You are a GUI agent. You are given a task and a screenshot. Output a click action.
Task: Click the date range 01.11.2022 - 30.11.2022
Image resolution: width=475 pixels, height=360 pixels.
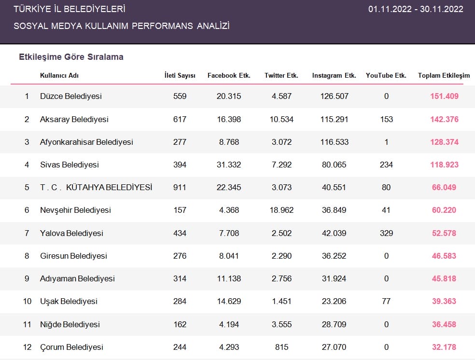pyautogui.click(x=416, y=9)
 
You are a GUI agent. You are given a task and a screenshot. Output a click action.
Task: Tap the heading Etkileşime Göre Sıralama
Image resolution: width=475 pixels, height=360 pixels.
pyautogui.click(x=71, y=57)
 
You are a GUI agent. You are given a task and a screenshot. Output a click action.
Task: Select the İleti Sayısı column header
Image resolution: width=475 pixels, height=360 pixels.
pyautogui.click(x=180, y=75)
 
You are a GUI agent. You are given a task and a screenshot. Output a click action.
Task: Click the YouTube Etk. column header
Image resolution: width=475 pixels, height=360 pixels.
pyautogui.click(x=386, y=75)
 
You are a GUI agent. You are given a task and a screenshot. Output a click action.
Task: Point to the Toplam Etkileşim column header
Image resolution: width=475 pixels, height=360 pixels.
pyautogui.click(x=444, y=76)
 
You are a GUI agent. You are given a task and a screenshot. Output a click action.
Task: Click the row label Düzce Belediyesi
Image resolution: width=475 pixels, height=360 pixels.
pyautogui.click(x=71, y=97)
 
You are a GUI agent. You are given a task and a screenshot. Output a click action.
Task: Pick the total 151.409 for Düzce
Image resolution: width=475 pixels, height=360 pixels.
pyautogui.click(x=445, y=97)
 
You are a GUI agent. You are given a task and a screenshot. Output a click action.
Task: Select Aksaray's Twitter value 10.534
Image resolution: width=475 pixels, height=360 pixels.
pyautogui.click(x=282, y=119)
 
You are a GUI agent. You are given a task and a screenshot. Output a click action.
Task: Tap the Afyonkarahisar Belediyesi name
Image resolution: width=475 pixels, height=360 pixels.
pyautogui.click(x=86, y=142)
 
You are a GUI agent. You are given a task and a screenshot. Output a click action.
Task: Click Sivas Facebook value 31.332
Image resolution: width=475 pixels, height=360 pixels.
pyautogui.click(x=229, y=165)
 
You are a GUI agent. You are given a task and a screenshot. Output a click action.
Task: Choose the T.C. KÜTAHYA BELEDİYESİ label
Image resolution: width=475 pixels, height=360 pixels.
pyautogui.click(x=96, y=187)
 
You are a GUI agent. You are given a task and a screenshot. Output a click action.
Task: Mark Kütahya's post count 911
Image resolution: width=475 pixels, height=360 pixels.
pyautogui.click(x=180, y=187)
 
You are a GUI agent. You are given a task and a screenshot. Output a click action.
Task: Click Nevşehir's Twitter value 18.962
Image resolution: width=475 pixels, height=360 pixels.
pyautogui.click(x=282, y=210)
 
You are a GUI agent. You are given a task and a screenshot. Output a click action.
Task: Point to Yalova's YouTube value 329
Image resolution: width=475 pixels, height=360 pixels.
pyautogui.click(x=387, y=233)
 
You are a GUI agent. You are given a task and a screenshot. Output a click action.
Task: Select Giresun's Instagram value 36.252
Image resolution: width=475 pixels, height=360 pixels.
pyautogui.click(x=334, y=256)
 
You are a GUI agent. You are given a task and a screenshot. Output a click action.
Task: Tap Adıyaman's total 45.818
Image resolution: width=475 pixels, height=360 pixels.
pyautogui.click(x=444, y=278)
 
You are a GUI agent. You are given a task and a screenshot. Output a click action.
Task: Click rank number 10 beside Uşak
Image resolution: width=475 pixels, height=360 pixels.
pyautogui.click(x=27, y=301)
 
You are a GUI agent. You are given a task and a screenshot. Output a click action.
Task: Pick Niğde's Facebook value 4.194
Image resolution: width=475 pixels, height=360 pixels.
pyautogui.click(x=229, y=324)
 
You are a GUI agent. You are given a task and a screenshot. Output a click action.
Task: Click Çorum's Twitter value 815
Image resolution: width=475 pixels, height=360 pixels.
pyautogui.click(x=282, y=347)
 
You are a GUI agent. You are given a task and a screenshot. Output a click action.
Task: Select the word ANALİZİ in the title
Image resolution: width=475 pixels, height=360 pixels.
pyautogui.click(x=213, y=26)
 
